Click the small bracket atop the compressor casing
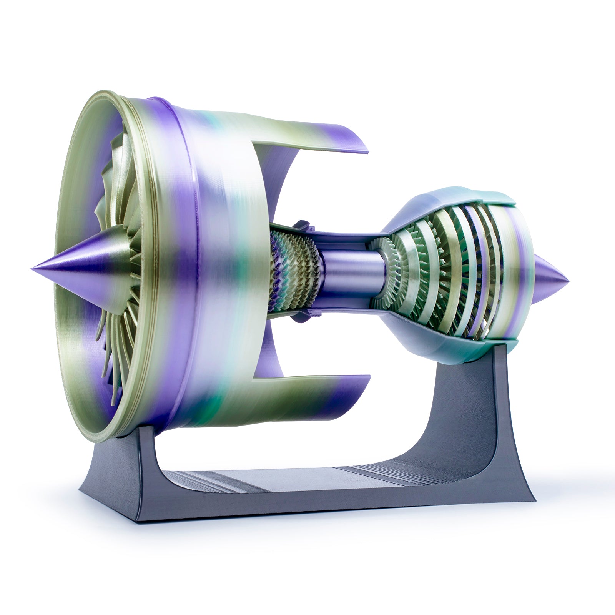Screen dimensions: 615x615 pos(302,225)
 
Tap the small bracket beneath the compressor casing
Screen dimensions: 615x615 pos(306,315)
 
